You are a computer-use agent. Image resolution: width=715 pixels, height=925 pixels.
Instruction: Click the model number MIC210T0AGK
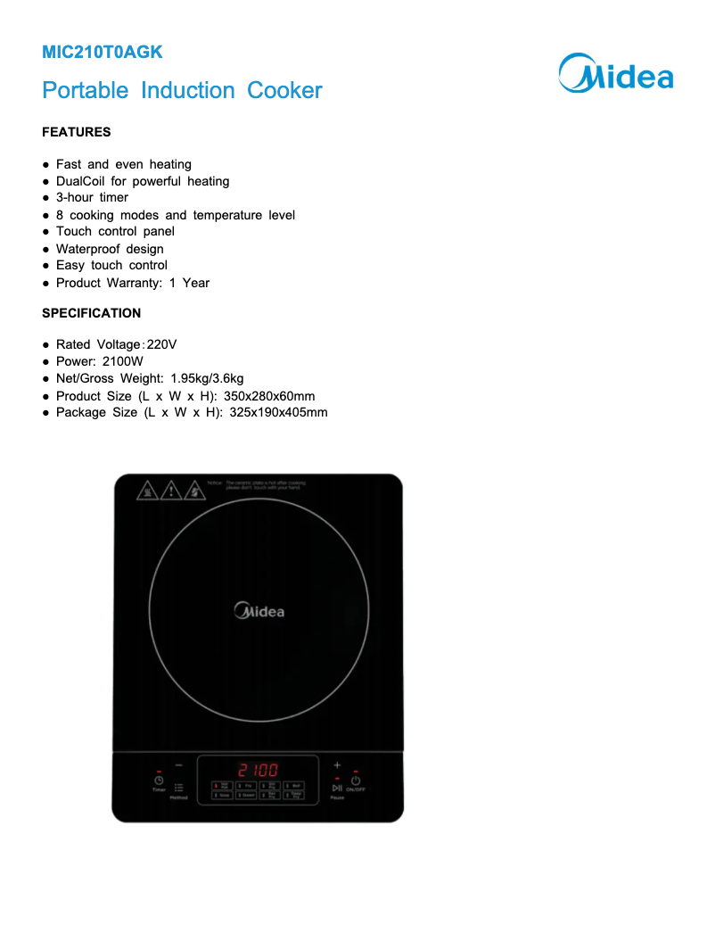pos(103,53)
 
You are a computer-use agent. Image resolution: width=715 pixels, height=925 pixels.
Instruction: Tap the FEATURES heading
pos(77,132)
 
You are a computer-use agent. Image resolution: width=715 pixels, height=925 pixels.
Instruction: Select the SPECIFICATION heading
pos(91,313)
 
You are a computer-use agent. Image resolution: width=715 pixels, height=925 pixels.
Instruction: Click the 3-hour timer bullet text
pos(92,197)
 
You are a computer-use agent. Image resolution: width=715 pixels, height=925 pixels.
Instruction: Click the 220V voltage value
pos(162,344)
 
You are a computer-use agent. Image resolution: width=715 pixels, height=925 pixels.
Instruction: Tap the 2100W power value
pos(122,361)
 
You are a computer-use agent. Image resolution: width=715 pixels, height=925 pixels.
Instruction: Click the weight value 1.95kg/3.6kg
pos(207,378)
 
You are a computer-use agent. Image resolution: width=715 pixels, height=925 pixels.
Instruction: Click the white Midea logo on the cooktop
pos(259,611)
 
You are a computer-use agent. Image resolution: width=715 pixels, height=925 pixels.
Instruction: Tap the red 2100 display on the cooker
pos(258,770)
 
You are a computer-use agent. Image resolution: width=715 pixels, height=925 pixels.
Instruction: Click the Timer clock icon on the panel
pos(159,780)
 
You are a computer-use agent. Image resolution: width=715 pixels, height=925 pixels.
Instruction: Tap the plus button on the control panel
pos(337,765)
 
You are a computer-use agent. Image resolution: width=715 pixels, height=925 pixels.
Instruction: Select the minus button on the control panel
pos(178,765)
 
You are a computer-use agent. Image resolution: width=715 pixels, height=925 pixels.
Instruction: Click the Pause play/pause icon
pos(337,788)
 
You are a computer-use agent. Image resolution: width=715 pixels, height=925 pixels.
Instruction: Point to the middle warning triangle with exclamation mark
pos(170,490)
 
